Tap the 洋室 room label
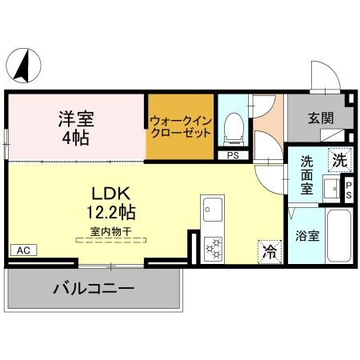point(75,120)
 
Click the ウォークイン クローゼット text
point(180,127)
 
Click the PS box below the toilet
point(233,156)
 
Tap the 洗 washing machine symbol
point(340,159)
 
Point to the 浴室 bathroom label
point(308,236)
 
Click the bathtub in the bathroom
point(338,237)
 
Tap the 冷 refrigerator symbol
point(270,251)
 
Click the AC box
point(22,250)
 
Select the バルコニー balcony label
point(94,287)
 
